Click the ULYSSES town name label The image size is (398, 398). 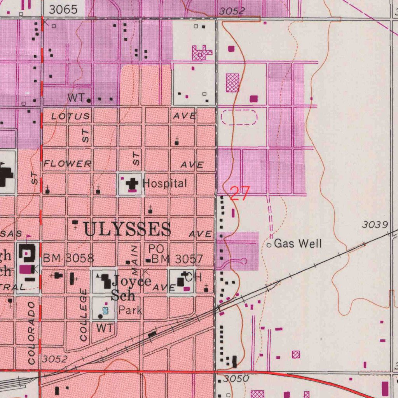127,229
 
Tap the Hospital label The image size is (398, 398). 165,183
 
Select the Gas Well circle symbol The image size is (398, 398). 269,245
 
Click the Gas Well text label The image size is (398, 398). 298,244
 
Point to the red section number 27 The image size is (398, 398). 240,193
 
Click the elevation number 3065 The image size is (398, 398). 63,10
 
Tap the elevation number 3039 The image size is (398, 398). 375,225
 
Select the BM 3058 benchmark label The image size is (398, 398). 68,258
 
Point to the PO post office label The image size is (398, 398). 156,248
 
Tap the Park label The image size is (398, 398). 130,310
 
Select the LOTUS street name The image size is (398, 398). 70,117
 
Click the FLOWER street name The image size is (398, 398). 67,164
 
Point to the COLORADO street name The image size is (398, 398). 32,333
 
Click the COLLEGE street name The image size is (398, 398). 83,315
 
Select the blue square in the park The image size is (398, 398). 105,311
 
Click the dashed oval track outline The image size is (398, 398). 239,117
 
